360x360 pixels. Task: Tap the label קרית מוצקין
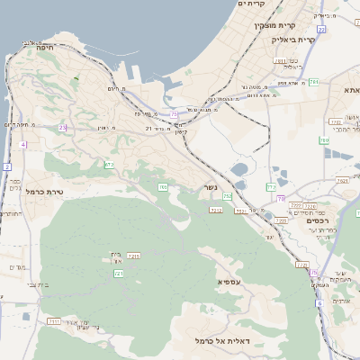pyautogui.click(x=274, y=25)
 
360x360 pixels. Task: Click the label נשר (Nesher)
pyautogui.click(x=208, y=188)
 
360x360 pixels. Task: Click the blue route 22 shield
pyautogui.click(x=321, y=30)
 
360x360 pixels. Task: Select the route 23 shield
pyautogui.click(x=62, y=128)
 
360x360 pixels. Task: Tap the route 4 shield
pyautogui.click(x=22, y=144)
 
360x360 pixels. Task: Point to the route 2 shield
pyautogui.click(x=6, y=167)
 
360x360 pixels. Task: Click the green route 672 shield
pyautogui.click(x=109, y=165)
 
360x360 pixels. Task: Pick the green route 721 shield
pyautogui.click(x=118, y=273)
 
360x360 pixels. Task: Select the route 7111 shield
pyautogui.click(x=54, y=320)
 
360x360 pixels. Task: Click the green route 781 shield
pyautogui.click(x=314, y=82)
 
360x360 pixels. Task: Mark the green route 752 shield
pyautogui.click(x=228, y=195)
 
